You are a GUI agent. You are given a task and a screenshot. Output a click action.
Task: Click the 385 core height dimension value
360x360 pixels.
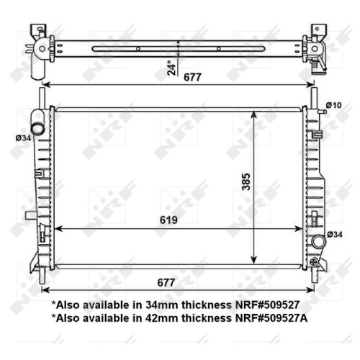[x=246, y=181]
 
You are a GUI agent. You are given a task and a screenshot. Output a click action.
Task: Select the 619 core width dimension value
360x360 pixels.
[x=168, y=220]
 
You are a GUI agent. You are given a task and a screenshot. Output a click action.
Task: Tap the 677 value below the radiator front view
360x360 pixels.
[x=166, y=282]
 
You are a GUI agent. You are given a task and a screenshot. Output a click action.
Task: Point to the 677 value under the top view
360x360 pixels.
[x=192, y=77]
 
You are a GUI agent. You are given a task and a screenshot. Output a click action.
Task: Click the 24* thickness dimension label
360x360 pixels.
[x=172, y=68]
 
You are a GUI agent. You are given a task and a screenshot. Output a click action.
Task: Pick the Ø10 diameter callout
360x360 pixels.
[x=333, y=105]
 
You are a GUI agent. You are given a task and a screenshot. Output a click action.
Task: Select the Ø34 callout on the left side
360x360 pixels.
[x=23, y=138]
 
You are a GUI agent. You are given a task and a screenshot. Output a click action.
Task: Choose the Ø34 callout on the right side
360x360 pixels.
[x=335, y=235]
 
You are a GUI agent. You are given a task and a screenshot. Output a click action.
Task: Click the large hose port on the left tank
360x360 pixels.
[x=38, y=128]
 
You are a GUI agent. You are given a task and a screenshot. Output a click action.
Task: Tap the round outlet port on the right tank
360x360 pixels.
[x=319, y=241]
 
